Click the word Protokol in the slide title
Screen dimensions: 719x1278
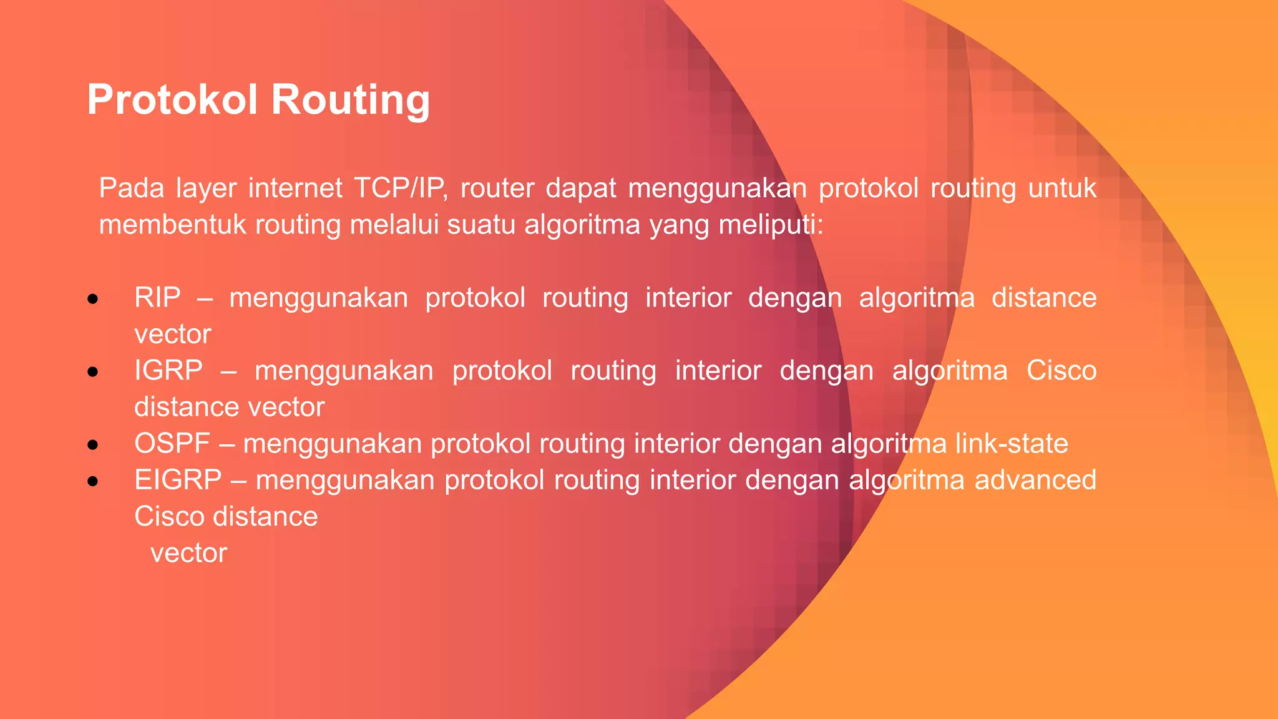172,100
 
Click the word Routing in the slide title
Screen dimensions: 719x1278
351,100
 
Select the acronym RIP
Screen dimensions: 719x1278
157,298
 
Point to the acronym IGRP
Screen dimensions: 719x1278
168,371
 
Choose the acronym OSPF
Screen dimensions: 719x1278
172,444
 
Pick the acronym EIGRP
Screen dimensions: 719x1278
178,480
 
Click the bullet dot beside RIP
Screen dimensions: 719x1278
93,300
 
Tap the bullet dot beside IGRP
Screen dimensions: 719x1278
93,373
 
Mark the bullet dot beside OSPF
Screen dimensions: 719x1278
93,445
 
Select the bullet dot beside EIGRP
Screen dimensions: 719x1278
93,481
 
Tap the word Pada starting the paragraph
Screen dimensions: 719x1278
131,188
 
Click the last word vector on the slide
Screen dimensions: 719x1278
188,553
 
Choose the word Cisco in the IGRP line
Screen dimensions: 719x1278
1061,371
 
